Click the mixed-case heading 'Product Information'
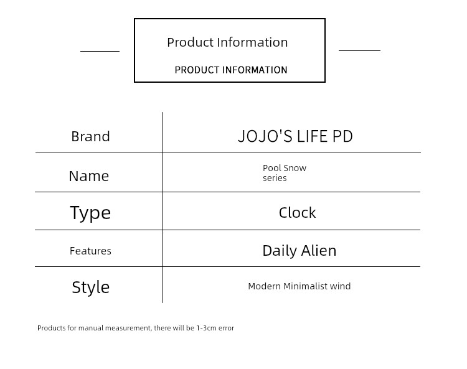point(227,42)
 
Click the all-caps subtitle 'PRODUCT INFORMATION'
point(231,70)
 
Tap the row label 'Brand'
point(90,136)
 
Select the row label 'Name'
point(89,176)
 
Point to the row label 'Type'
point(90,213)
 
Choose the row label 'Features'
point(90,251)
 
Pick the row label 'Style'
point(90,287)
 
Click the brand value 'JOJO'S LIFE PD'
point(295,136)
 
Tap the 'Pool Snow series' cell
point(285,173)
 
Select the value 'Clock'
point(297,213)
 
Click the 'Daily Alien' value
point(300,251)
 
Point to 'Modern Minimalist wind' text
point(300,286)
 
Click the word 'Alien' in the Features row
point(319,250)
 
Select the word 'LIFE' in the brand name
point(313,136)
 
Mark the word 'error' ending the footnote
point(226,328)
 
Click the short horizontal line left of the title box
point(100,51)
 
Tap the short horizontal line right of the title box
point(359,50)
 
